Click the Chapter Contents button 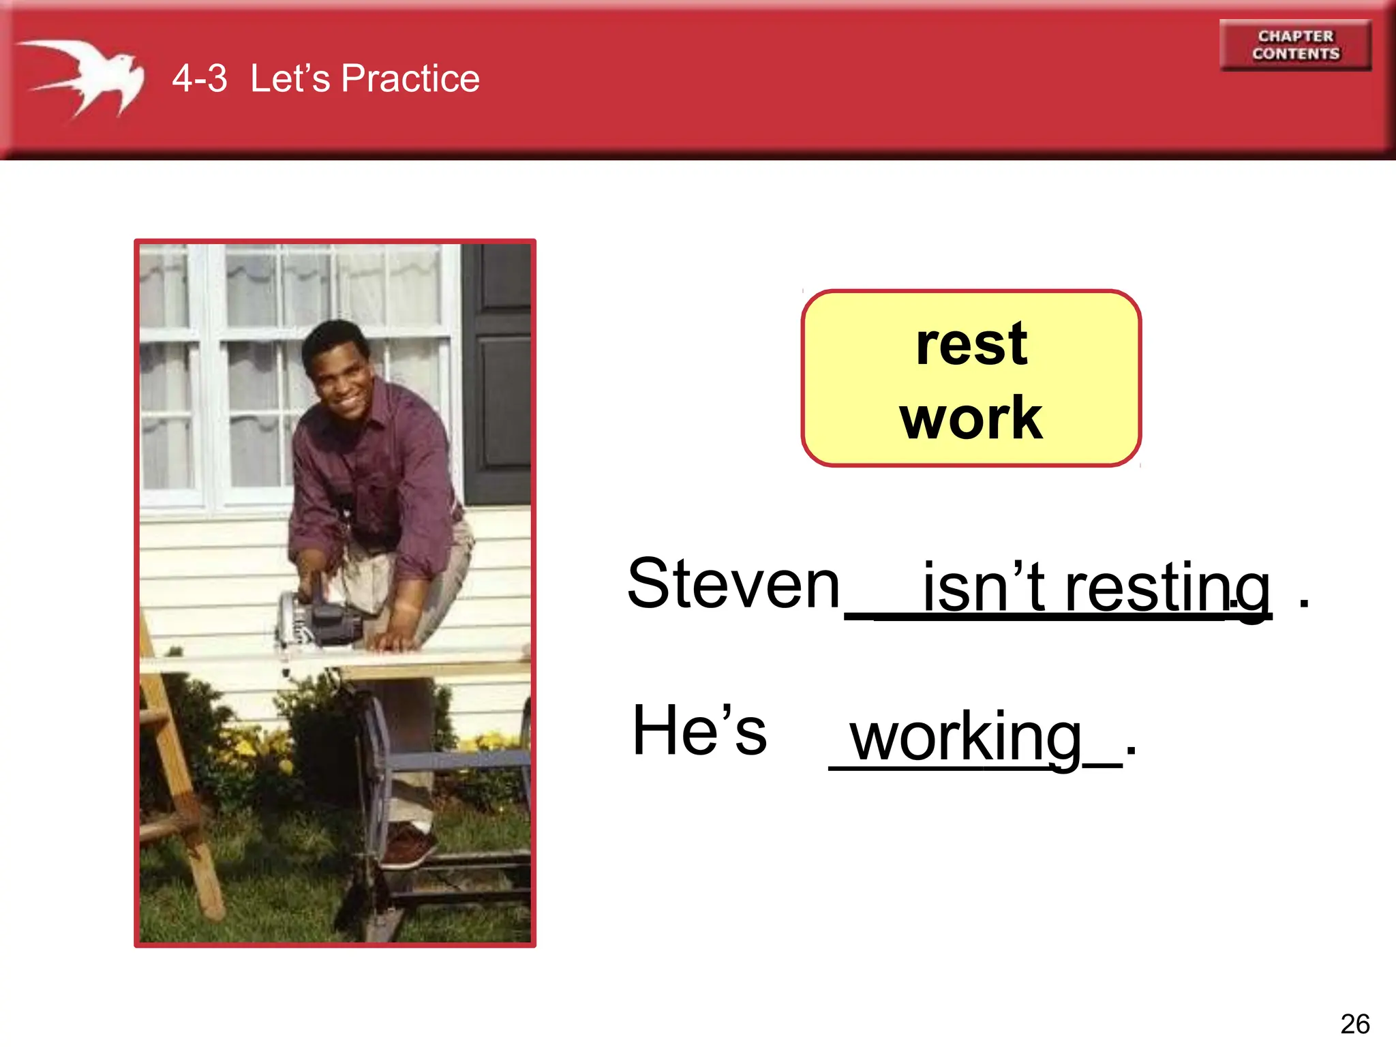[1295, 45]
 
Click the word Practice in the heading [410, 78]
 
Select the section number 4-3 [199, 78]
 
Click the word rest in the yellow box [971, 344]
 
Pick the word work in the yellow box [971, 418]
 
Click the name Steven [733, 583]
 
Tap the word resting [1167, 588]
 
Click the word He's [699, 731]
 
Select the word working [966, 738]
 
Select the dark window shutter [498, 375]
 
